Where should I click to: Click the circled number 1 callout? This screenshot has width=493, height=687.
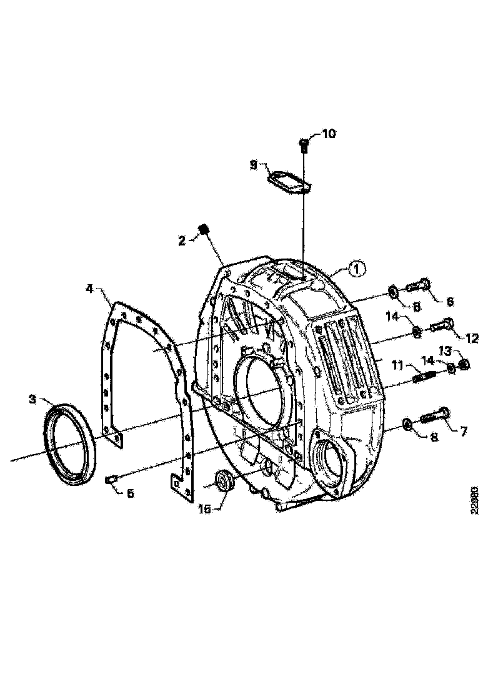pyautogui.click(x=356, y=269)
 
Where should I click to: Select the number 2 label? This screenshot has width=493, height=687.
pyautogui.click(x=182, y=240)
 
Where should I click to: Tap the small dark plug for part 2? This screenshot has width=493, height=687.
pyautogui.click(x=202, y=230)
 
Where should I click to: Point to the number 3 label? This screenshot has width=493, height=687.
pyautogui.click(x=32, y=398)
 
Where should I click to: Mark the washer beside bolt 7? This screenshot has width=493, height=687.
pyautogui.click(x=406, y=425)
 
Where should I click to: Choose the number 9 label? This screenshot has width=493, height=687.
pyautogui.click(x=254, y=165)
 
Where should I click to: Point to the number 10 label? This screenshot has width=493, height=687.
pyautogui.click(x=328, y=134)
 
